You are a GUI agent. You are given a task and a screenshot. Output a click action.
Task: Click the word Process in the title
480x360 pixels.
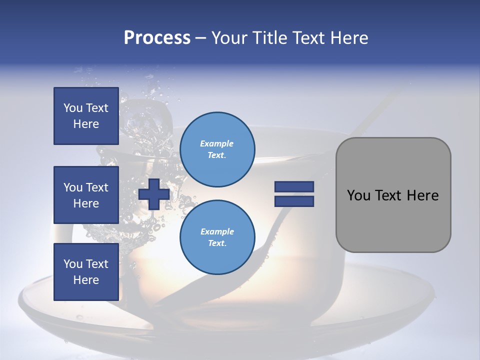[x=157, y=38]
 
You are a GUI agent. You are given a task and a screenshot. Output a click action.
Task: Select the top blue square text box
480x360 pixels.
[x=86, y=116]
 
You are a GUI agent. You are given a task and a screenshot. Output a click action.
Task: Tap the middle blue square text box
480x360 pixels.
[x=86, y=195]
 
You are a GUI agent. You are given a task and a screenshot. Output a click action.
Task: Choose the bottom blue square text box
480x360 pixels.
[x=86, y=271]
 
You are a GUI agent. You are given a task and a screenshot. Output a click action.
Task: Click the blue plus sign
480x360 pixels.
[x=153, y=194]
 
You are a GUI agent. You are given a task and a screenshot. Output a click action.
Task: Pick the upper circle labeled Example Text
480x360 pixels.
[x=217, y=149]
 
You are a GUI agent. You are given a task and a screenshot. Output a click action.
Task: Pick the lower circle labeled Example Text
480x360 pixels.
[x=217, y=237]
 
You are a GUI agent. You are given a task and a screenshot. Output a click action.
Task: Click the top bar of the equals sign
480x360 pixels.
[x=294, y=186]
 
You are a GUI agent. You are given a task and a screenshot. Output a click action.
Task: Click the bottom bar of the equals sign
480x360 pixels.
[x=294, y=201]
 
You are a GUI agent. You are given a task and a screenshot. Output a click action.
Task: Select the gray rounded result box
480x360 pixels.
[x=393, y=195]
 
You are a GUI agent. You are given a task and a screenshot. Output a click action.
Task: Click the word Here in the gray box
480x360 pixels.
[x=422, y=195]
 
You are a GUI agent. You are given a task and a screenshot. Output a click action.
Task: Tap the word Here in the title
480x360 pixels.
[x=350, y=38]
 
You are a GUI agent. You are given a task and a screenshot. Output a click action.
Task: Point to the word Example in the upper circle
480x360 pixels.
[x=217, y=143]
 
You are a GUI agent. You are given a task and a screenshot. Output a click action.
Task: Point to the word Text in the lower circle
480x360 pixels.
[x=217, y=243]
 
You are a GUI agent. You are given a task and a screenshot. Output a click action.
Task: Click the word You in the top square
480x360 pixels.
[x=73, y=108]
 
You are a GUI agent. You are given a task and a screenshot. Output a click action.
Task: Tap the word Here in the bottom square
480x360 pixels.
[x=86, y=280]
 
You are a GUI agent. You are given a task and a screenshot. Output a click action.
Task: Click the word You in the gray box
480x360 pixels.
[x=358, y=195]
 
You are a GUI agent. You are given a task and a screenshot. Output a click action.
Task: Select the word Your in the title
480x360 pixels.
[x=229, y=38]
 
